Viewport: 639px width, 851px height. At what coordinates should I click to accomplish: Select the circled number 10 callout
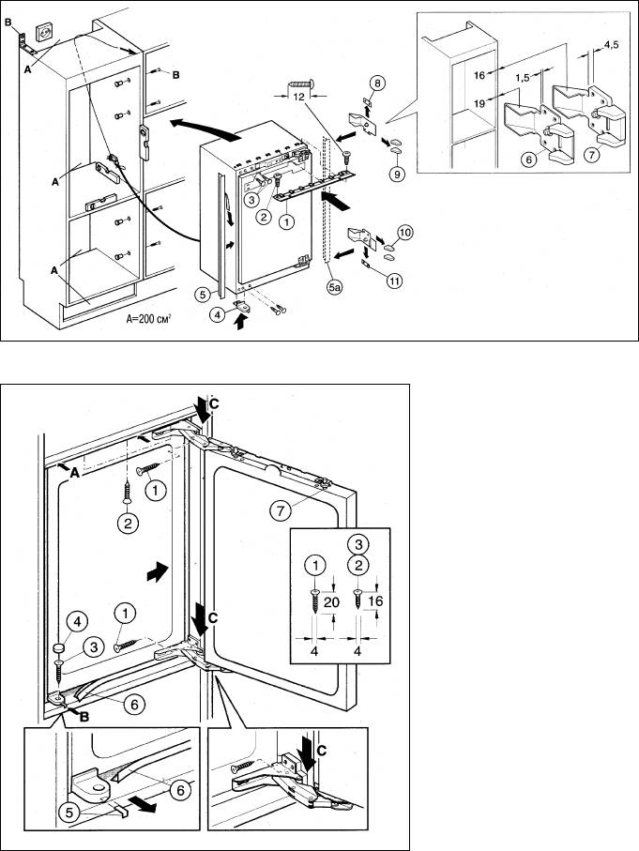click(404, 231)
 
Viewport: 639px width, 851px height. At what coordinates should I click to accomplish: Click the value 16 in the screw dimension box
click(376, 600)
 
